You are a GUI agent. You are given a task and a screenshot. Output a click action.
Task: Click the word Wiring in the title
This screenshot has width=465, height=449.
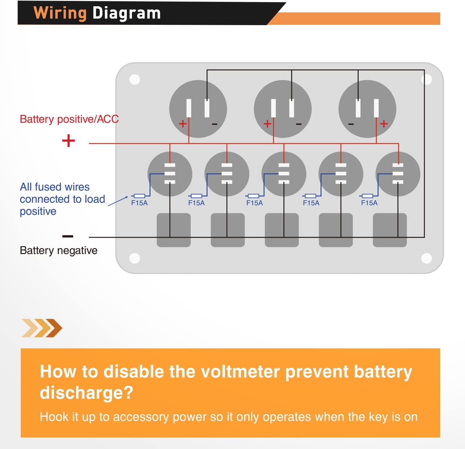coord(60,14)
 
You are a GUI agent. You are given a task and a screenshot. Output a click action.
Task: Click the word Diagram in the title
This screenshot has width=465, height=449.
coord(127,13)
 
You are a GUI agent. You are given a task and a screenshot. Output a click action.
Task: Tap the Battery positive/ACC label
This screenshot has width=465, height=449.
coord(69,119)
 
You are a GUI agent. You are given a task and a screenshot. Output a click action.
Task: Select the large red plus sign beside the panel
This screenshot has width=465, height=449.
coord(69,141)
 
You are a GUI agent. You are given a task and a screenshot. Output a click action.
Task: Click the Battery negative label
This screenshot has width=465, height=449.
coord(59,250)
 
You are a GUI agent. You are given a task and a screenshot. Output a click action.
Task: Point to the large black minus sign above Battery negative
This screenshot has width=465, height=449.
coord(68,236)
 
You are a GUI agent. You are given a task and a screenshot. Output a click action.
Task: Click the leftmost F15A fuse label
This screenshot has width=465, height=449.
coord(139,203)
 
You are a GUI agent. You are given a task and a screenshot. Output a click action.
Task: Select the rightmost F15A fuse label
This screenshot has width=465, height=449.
coord(369,203)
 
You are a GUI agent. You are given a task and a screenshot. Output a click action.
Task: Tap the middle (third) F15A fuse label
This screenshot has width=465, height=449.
coord(255,203)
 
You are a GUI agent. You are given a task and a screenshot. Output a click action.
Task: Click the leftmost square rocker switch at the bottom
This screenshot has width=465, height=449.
coord(174,230)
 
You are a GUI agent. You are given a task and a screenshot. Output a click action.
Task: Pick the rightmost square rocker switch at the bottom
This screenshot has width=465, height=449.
coord(390,230)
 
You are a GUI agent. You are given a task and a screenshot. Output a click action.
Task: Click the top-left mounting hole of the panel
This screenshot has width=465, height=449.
coord(135,79)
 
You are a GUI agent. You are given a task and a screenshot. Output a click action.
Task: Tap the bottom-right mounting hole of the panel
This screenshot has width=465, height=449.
coord(427,258)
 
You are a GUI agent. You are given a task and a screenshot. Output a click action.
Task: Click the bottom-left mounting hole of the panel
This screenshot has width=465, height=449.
coord(135,258)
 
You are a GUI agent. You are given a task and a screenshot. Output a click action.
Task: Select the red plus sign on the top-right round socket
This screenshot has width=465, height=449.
coord(384,124)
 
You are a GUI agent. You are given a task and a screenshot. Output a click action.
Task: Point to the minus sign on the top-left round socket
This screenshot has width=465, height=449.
coord(215,124)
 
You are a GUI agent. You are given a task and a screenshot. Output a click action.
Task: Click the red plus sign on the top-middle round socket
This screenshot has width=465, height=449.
coord(267,124)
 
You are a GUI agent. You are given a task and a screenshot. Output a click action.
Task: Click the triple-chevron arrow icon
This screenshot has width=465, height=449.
coord(42,328)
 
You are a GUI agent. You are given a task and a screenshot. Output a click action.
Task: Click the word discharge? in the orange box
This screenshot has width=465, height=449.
coord(86,393)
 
